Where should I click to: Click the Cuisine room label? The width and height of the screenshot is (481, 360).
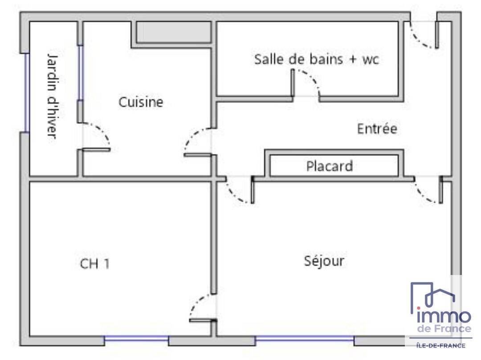tap(141, 102)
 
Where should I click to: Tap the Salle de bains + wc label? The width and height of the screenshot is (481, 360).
tap(317, 59)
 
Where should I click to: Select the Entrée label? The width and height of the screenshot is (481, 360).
tap(377, 128)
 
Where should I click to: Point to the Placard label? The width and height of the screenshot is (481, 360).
tap(330, 166)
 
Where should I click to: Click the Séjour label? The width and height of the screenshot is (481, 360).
tap(324, 261)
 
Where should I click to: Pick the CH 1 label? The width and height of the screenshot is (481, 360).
tap(94, 264)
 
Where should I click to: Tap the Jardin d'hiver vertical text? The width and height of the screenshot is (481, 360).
tap(53, 96)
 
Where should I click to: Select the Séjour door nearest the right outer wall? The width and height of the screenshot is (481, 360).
tap(428, 190)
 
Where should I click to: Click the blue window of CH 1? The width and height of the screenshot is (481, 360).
tap(137, 339)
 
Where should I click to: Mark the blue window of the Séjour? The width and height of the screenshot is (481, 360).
tap(304, 339)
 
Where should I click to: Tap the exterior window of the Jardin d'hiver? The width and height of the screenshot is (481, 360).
tap(27, 93)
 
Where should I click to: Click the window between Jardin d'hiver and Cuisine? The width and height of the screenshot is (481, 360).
tap(80, 73)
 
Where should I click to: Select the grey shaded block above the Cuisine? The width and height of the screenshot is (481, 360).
tap(174, 32)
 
